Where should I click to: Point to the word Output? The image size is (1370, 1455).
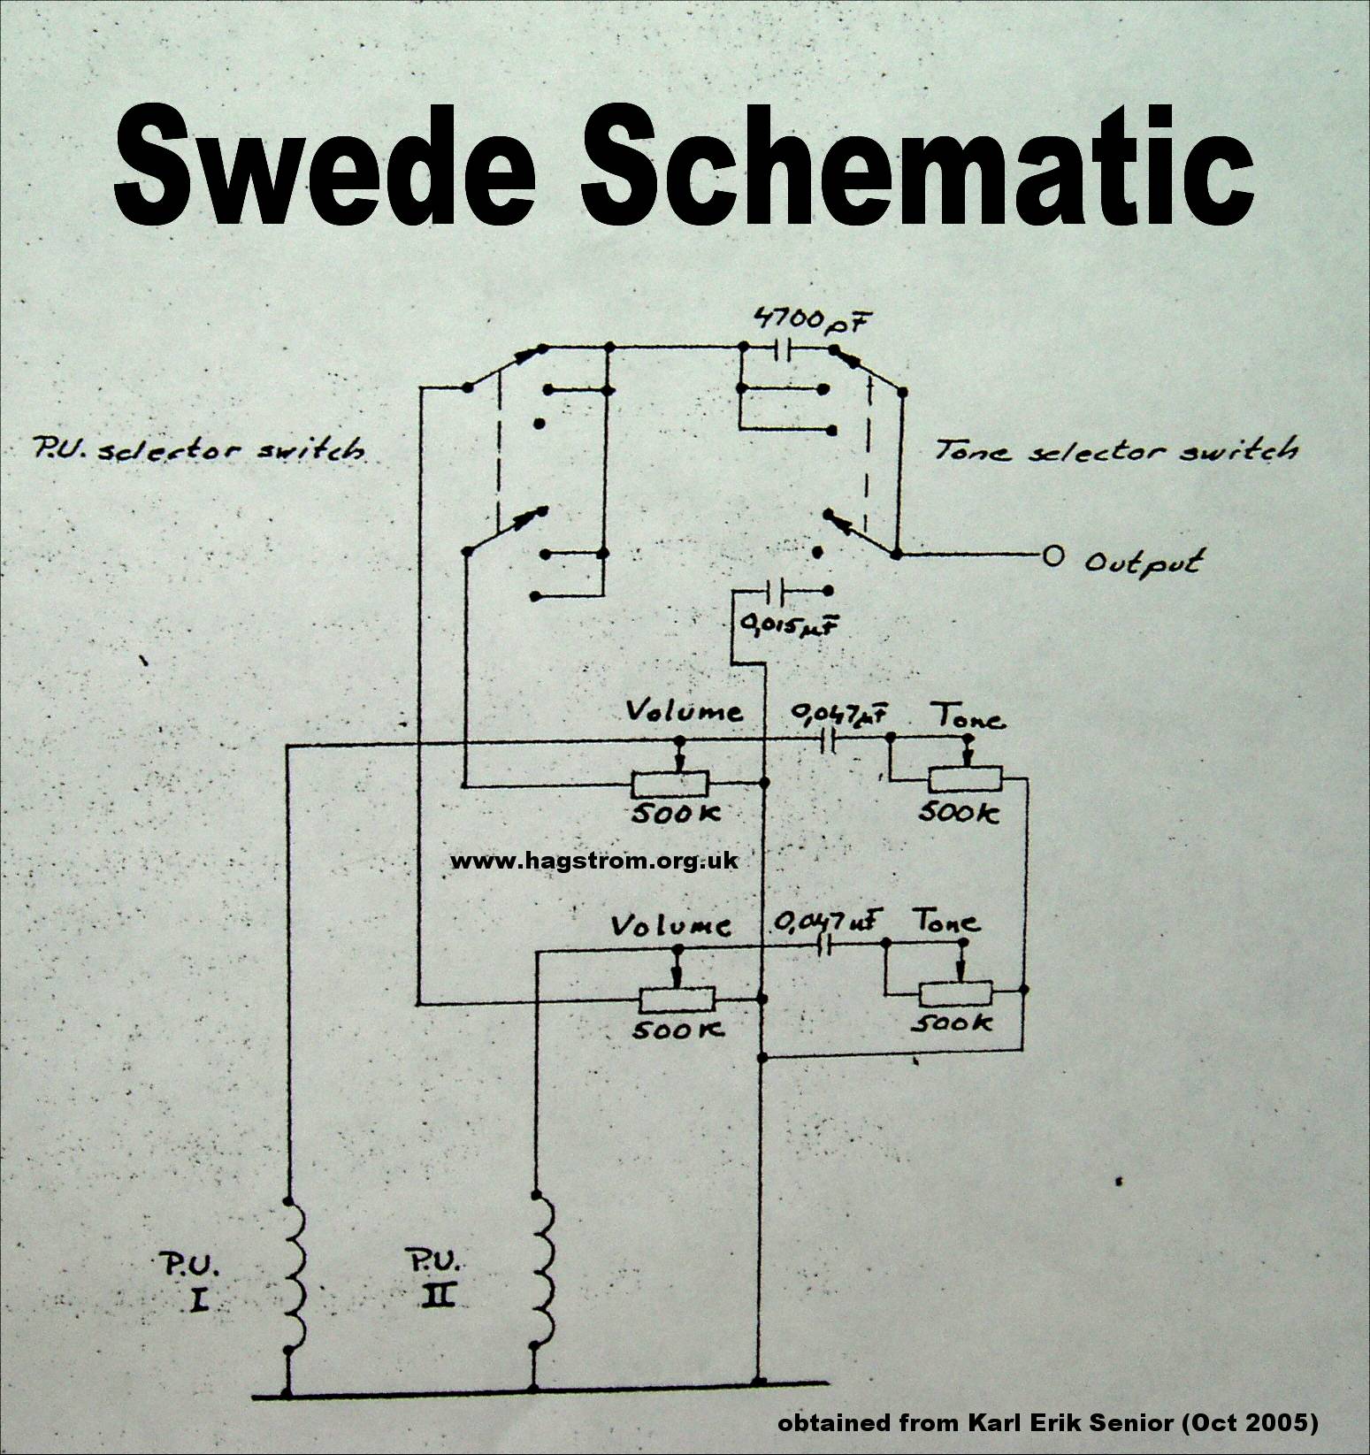point(1143,563)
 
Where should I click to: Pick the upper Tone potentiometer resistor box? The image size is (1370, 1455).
point(964,779)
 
